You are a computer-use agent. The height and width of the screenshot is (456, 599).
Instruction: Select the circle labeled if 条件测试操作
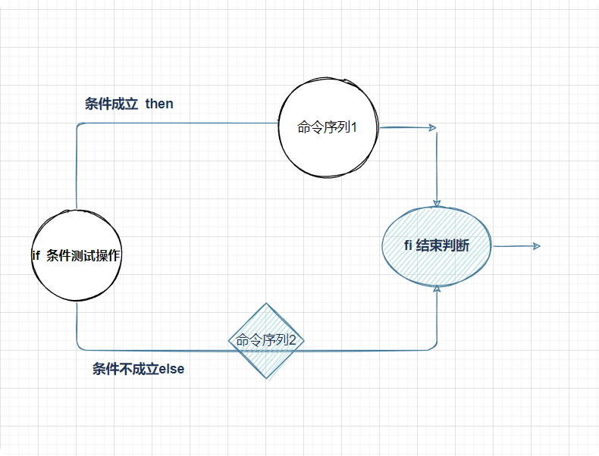click(77, 255)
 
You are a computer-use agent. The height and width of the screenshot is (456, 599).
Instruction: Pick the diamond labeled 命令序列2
click(266, 341)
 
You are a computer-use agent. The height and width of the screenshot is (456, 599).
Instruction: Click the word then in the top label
click(159, 103)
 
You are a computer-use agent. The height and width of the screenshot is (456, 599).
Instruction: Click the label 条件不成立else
click(138, 370)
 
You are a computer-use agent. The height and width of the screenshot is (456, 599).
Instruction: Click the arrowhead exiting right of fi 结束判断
click(536, 246)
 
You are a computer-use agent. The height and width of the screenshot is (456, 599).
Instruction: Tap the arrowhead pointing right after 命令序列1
click(433, 127)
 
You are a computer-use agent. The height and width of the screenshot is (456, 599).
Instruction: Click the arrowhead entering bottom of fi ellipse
click(437, 289)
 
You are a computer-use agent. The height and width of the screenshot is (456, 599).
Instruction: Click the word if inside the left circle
click(36, 256)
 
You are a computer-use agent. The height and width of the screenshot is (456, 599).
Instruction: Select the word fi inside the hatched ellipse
click(409, 246)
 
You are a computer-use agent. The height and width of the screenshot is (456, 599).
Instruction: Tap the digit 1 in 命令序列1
click(353, 128)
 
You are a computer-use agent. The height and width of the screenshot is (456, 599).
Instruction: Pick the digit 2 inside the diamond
click(293, 342)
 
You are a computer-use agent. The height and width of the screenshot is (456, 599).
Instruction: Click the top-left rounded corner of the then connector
click(79, 125)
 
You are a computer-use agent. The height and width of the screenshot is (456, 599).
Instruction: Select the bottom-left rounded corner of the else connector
click(79, 348)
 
